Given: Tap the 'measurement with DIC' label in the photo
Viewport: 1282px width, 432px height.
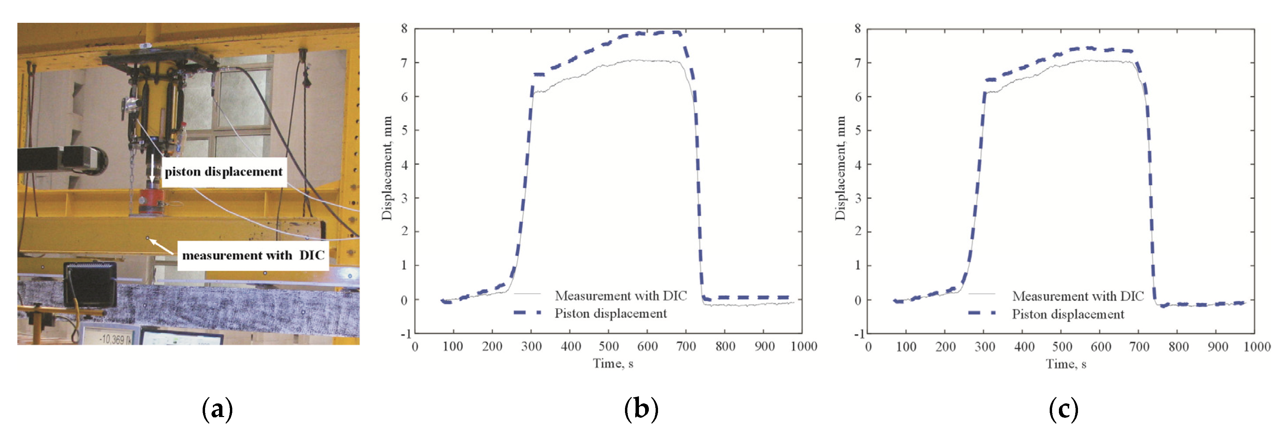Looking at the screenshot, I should point(253,255).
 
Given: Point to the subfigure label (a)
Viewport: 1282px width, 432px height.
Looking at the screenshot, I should point(218,409).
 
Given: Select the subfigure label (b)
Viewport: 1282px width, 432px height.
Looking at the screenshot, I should point(641,409).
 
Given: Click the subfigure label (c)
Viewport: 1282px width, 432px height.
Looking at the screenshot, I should point(1064,409).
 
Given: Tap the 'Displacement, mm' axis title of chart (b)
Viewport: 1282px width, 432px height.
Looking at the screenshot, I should point(387,168).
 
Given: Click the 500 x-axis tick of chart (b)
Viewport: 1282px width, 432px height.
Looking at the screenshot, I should point(609,347).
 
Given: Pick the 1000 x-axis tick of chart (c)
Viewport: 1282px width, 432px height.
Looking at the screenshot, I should point(1256,347).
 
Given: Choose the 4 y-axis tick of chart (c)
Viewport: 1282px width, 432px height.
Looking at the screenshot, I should point(858,164).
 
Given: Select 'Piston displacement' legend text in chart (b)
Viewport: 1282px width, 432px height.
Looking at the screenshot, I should point(611,314).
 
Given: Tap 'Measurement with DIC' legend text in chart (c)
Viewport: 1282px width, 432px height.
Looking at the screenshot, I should point(1078,296).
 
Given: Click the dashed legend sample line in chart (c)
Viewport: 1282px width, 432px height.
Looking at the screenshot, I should point(982,313).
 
